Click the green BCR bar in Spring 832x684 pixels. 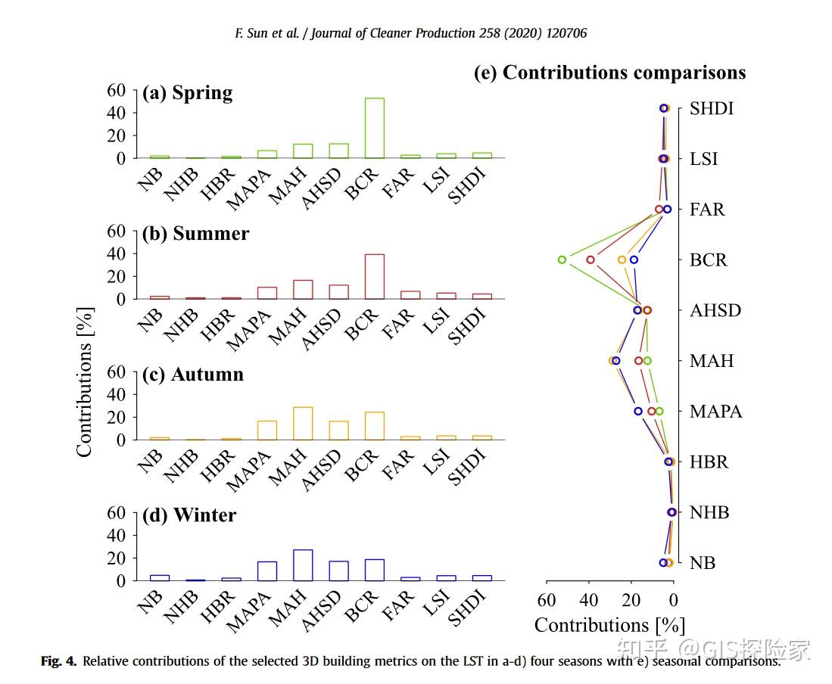375,128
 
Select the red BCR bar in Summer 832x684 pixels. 375,277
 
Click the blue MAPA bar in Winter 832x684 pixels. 267,571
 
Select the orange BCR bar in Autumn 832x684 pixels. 375,426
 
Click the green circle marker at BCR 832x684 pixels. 562,260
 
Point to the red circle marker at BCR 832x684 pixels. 591,260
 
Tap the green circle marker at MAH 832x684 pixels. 647,361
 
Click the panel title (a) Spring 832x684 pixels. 187,93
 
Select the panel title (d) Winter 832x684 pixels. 189,515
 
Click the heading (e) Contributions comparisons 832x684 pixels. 609,73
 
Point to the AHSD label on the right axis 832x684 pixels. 715,310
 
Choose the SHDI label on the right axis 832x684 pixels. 712,108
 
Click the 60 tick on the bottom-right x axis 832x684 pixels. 547,600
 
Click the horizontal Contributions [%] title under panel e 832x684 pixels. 609,625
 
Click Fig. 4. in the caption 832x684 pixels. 58,661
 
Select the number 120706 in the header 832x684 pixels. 563,33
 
